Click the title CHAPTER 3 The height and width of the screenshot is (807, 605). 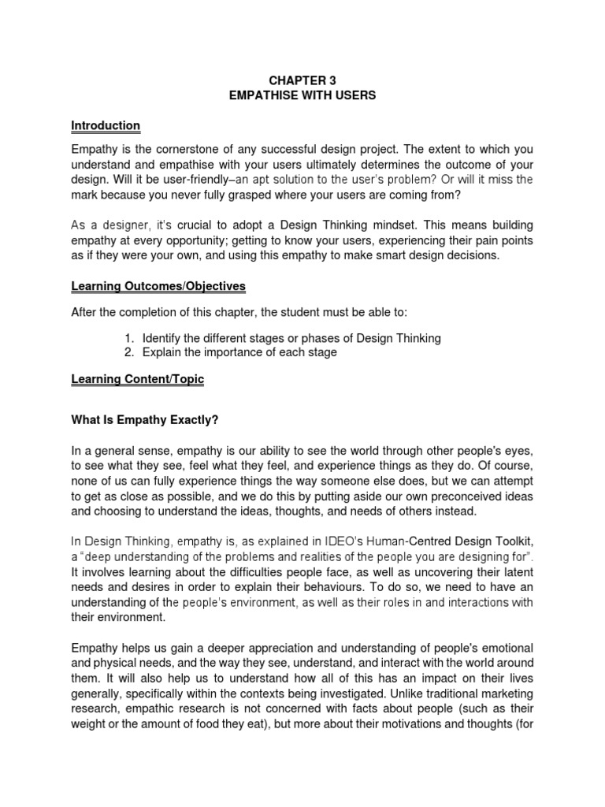302,81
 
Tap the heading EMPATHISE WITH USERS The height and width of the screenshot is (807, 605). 302,96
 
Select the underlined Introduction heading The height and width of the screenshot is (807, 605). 106,125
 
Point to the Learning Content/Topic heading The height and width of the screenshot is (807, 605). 137,379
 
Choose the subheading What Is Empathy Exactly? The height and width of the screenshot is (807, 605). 144,420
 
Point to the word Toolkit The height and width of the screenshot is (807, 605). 511,540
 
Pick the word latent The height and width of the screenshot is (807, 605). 518,571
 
